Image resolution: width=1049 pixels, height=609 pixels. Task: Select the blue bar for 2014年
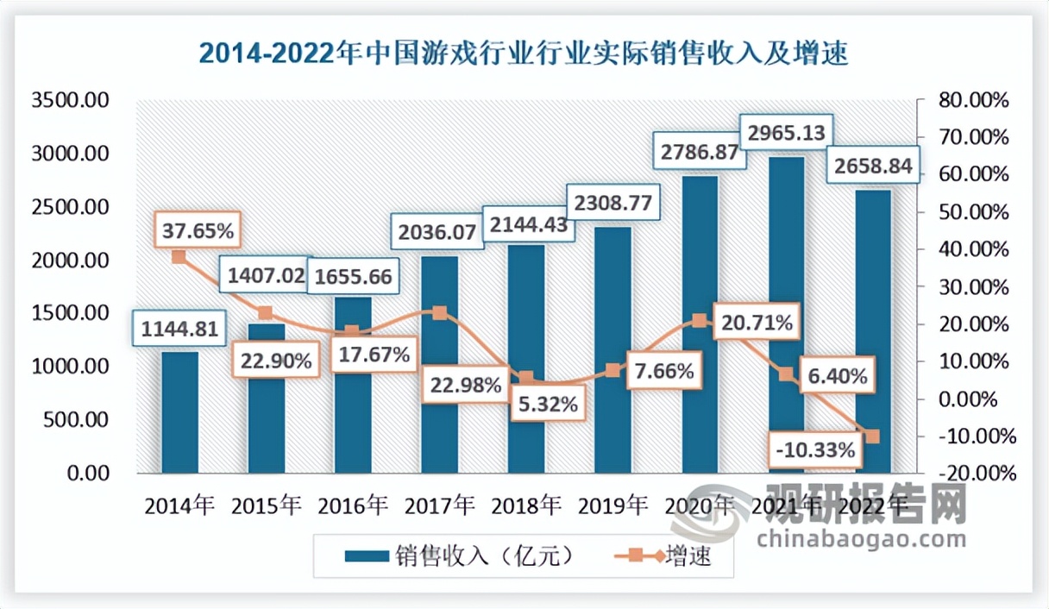coord(179,412)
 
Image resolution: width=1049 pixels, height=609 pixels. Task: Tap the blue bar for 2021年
coord(785,315)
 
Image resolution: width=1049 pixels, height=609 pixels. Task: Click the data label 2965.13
coord(786,133)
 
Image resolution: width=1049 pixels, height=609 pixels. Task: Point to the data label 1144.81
coord(180,328)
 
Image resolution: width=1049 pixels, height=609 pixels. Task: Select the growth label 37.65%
coord(198,231)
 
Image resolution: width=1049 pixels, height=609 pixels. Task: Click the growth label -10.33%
coord(814,449)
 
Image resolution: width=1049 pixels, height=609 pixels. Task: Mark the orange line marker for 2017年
coord(440,313)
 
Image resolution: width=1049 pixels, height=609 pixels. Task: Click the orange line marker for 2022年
coord(873,436)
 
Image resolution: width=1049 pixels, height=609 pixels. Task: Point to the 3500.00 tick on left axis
coord(70,100)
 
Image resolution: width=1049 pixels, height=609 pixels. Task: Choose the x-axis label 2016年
coord(352,505)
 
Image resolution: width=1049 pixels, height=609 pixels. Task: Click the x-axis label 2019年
coord(612,505)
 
